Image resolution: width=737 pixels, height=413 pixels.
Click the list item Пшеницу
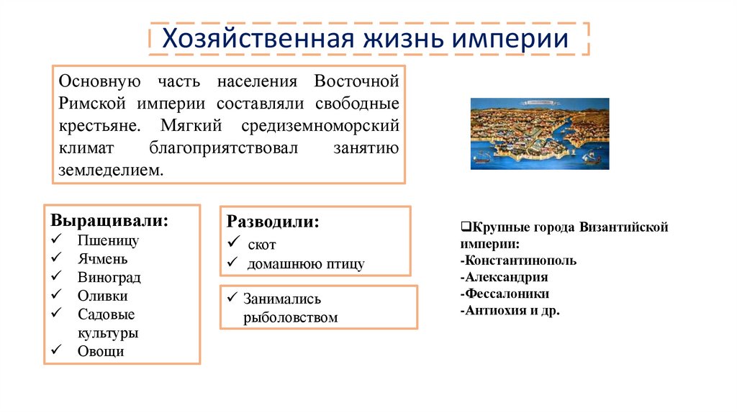pyautogui.click(x=108, y=240)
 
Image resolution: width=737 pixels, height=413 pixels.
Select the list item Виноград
pyautogui.click(x=109, y=278)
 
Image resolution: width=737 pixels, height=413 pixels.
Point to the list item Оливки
pyautogui.click(x=103, y=296)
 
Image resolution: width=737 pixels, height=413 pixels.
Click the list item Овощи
pyautogui.click(x=101, y=351)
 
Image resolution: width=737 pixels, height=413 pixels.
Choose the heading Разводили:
pyautogui.click(x=273, y=222)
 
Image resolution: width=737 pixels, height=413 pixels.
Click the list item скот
pyautogui.click(x=261, y=245)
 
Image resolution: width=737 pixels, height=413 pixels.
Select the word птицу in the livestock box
pyautogui.click(x=345, y=264)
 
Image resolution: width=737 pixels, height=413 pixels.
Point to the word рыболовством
pyautogui.click(x=290, y=317)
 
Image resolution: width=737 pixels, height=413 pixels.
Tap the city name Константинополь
pyautogui.click(x=518, y=260)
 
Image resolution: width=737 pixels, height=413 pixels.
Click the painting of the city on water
pyautogui.click(x=539, y=134)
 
